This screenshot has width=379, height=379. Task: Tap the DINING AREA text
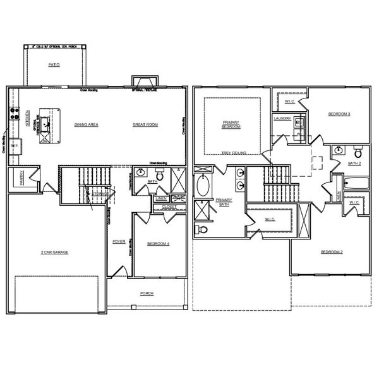[86, 125]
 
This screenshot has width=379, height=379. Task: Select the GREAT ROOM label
[145, 125]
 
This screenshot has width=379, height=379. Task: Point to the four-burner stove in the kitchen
[12, 114]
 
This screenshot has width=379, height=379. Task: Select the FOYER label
[118, 241]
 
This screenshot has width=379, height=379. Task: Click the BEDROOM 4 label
[158, 243]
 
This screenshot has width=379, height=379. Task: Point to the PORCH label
[147, 293]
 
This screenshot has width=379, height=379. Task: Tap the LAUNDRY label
[282, 118]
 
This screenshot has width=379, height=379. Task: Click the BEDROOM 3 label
[339, 114]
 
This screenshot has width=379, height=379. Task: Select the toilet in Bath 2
[358, 152]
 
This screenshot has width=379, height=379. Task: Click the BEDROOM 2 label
[332, 252]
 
